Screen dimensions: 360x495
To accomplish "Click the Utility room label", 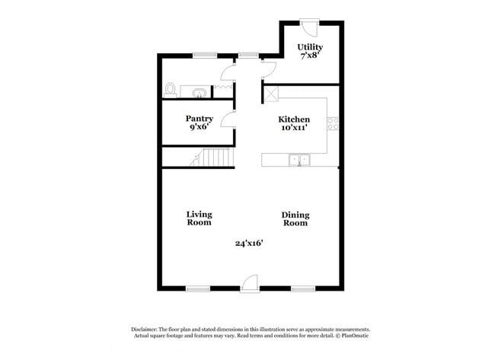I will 310,47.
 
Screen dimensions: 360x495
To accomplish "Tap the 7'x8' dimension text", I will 310,56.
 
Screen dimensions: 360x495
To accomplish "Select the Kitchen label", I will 293,119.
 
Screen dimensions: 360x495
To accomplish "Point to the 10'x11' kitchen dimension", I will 293,129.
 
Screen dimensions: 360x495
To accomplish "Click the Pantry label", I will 200,119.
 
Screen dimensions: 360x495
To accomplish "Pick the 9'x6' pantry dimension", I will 200,128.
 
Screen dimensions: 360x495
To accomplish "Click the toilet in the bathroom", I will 171,91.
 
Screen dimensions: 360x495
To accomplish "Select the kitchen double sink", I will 299,160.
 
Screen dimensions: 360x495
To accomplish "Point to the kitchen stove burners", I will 332,126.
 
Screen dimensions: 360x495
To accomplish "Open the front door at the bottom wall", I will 249,283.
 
